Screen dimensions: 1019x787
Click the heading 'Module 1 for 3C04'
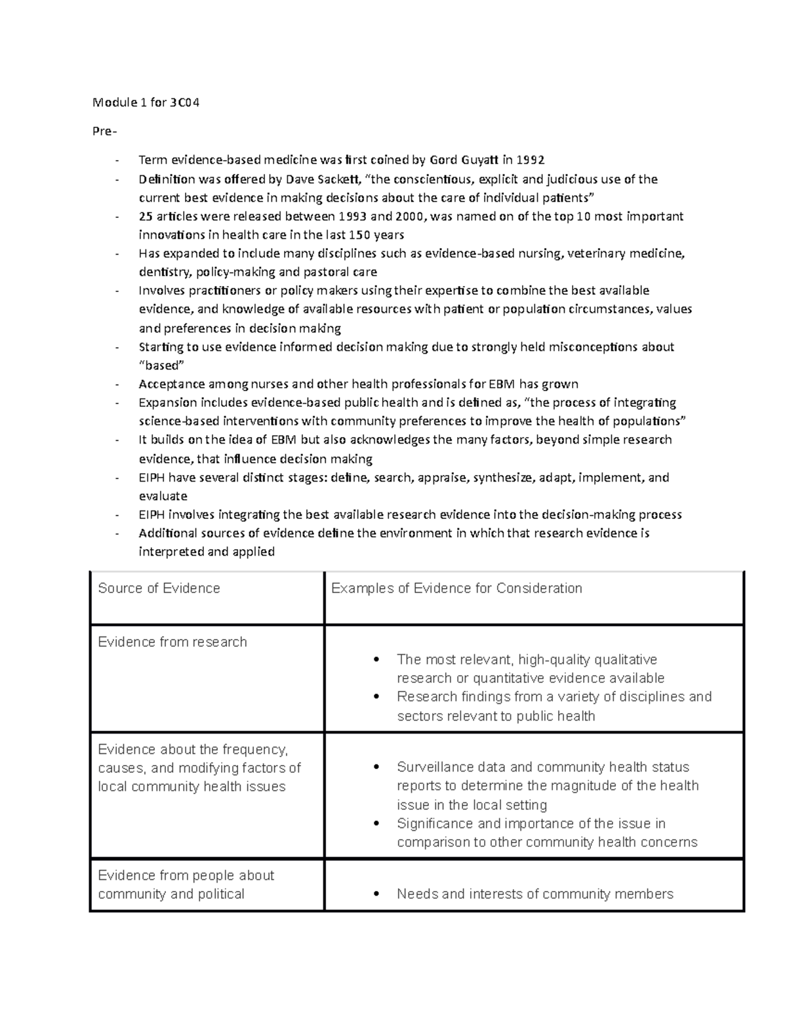coord(146,102)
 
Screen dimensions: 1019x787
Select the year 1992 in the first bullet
coord(531,159)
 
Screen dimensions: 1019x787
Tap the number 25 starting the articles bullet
coord(146,217)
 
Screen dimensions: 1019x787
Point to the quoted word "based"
coord(161,365)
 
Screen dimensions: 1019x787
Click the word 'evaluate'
coord(163,496)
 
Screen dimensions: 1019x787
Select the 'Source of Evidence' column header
coord(159,588)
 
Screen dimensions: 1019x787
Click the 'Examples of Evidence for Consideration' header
coord(456,588)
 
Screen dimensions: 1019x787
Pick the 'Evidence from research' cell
coord(172,642)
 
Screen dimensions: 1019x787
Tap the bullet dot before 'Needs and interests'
coord(376,894)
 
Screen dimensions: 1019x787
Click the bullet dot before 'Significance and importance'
coord(376,823)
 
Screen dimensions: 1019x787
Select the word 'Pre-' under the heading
coord(105,131)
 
